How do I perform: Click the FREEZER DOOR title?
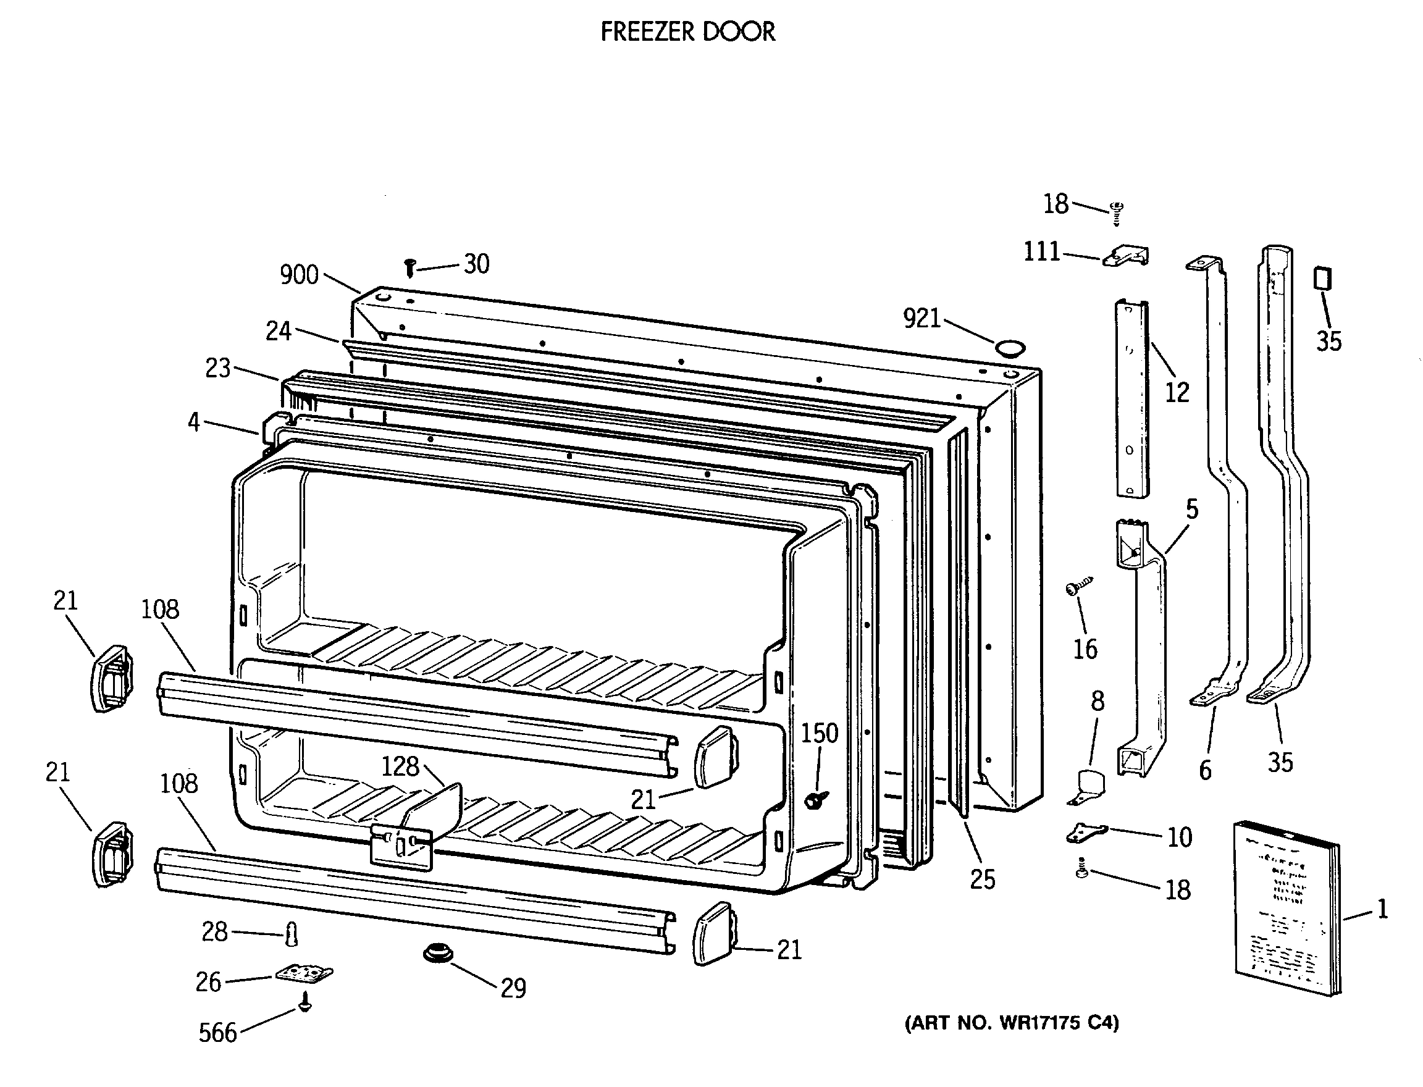(x=687, y=31)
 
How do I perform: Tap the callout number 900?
(x=298, y=275)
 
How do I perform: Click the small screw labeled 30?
(x=409, y=267)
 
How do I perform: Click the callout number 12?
(x=1177, y=392)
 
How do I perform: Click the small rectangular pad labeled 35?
(x=1322, y=279)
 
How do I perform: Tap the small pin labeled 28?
(x=292, y=934)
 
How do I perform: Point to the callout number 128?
(x=400, y=766)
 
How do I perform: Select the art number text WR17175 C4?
(x=1012, y=1022)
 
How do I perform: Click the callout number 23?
(x=217, y=368)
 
